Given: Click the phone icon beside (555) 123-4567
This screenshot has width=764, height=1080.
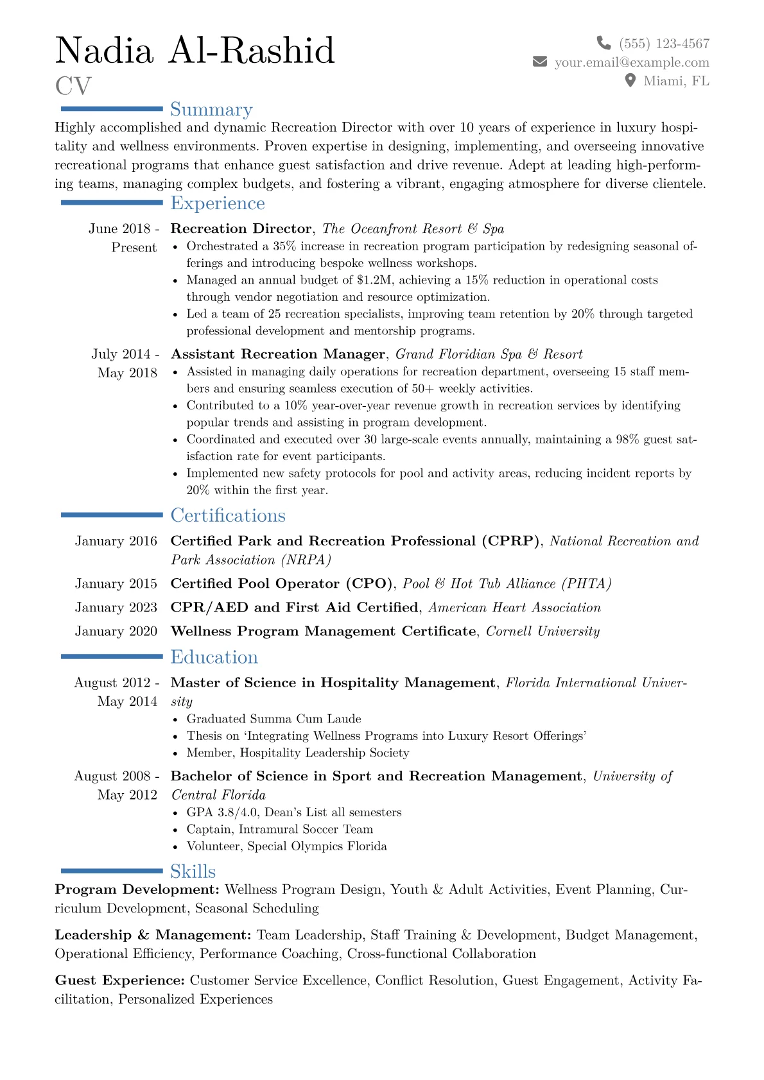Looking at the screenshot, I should coord(603,43).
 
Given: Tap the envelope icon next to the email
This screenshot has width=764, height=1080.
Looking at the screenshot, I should coord(540,62).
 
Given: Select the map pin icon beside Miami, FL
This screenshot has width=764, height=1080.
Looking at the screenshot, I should coord(630,80).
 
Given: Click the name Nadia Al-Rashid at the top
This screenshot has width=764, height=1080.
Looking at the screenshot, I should coord(195,51).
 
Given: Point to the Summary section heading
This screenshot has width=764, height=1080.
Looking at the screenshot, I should coord(211,110).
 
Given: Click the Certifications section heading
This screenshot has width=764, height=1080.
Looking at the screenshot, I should coord(228,516).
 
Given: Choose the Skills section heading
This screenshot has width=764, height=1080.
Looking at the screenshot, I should coord(193,871).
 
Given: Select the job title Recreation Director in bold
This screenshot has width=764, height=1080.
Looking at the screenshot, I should coord(241,229).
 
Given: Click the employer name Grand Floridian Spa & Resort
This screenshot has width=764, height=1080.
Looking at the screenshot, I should coord(489,354).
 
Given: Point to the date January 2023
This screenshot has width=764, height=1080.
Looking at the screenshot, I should coord(116,608).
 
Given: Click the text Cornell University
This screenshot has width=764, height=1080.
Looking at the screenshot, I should coord(543,631).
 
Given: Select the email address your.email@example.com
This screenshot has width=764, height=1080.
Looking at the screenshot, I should coord(632,62).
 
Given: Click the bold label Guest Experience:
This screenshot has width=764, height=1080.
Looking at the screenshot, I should coord(120,981).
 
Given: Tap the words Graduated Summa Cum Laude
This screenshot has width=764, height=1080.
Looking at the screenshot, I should coord(273,719).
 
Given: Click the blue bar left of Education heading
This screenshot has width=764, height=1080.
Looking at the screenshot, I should coord(112,656).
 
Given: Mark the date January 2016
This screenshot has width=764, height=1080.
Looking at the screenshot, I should coord(116,542).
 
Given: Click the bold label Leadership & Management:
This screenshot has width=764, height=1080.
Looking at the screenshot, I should coord(153,935).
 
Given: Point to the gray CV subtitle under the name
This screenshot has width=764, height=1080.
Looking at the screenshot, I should coord(73,86).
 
